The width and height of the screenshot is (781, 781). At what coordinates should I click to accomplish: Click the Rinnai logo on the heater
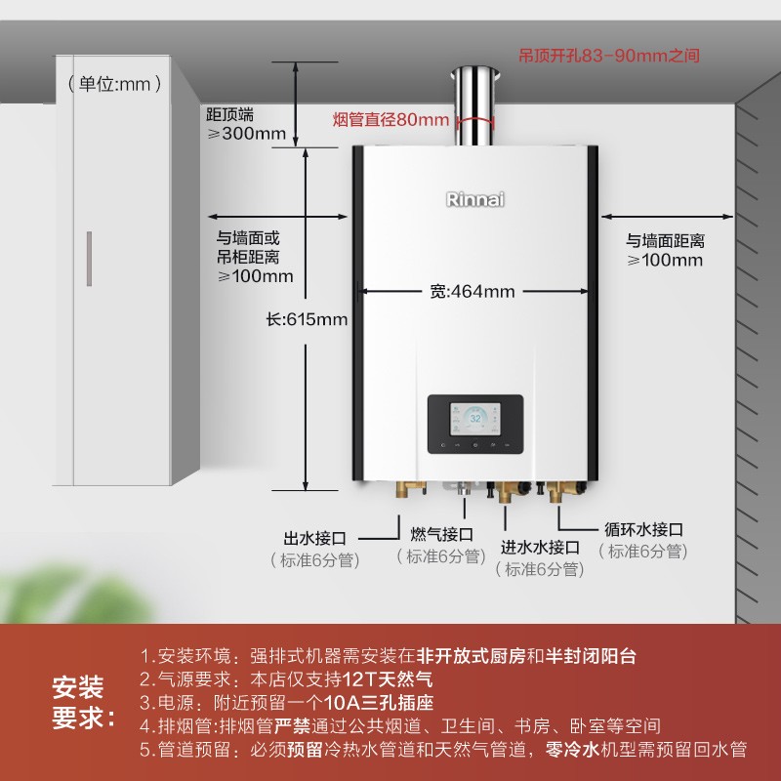tap(476, 199)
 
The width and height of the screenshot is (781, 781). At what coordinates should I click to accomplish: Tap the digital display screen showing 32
tap(475, 423)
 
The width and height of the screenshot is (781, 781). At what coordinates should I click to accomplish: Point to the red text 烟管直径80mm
tap(390, 120)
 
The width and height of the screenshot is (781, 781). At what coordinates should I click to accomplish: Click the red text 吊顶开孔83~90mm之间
tap(609, 57)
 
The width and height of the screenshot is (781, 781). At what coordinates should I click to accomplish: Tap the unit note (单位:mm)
tap(115, 85)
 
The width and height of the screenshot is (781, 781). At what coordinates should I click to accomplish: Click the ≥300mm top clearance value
tap(247, 134)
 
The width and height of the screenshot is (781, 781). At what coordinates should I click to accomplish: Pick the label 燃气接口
tap(441, 534)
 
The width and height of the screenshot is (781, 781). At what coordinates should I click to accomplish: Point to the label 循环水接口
tap(643, 529)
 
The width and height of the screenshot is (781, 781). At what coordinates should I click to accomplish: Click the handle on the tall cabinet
tap(88, 259)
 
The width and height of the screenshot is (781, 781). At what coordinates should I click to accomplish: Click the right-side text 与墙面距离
tap(665, 240)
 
